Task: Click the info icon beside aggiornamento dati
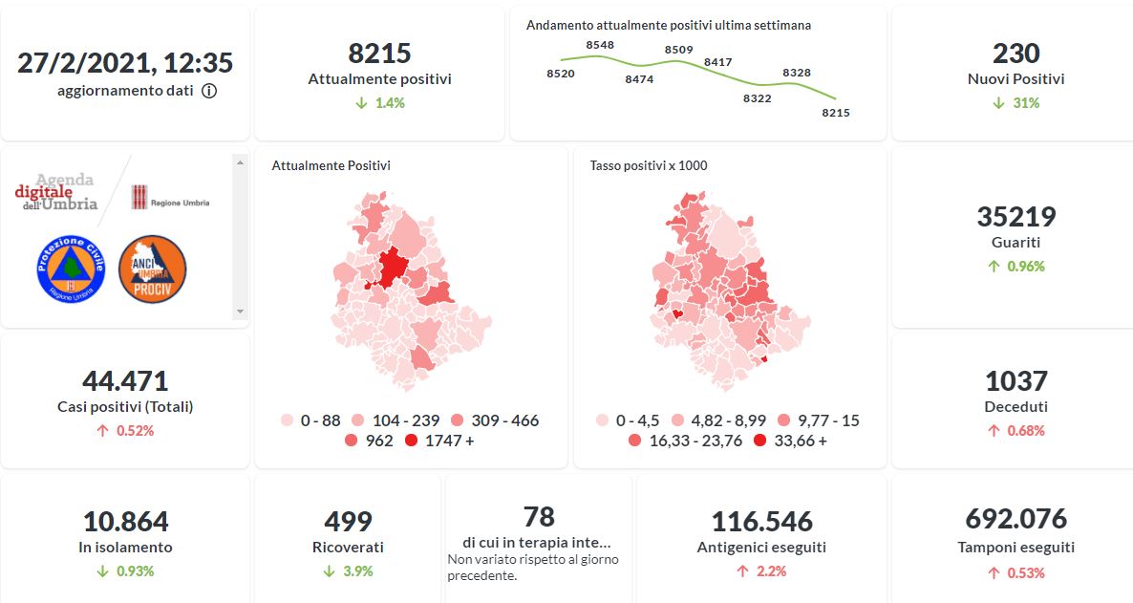[x=209, y=91]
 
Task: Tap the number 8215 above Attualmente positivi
[x=379, y=53]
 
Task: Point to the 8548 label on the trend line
[x=600, y=45]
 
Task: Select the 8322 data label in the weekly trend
[x=757, y=97]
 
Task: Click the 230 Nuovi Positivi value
[x=1015, y=53]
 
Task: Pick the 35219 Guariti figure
[x=1015, y=217]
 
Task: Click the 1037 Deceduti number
[x=1015, y=381]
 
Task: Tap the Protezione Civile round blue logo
[x=68, y=269]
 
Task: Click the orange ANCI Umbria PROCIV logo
[x=152, y=269]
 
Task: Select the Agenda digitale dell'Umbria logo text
[x=57, y=192]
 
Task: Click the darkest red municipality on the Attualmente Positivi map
[x=390, y=267]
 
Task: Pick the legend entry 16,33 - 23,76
[x=679, y=441]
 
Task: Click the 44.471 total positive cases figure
[x=124, y=381]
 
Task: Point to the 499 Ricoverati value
[x=348, y=522]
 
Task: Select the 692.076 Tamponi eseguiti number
[x=1015, y=519]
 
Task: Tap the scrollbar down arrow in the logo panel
[x=240, y=312]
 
